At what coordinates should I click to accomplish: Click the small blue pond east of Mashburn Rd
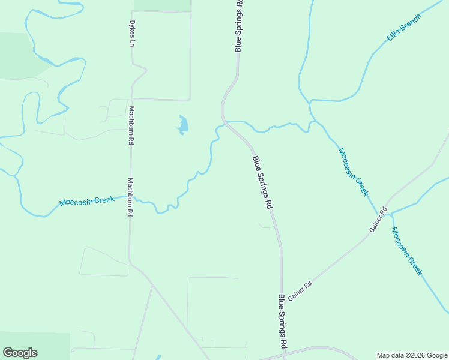coord(182,125)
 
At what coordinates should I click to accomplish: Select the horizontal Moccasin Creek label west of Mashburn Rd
coord(87,201)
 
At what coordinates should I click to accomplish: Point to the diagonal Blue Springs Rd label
coord(262,182)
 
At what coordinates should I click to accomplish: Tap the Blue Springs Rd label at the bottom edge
coord(282,322)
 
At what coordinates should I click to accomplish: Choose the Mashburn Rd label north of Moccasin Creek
coord(130,126)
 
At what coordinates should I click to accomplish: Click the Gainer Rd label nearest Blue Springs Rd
coord(300,291)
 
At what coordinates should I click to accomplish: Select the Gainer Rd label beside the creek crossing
coord(379,221)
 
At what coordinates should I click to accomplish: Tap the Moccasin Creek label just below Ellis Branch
coord(352,172)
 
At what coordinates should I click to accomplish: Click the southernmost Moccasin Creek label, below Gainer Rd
coord(406,251)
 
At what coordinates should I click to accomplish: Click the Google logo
coord(20,353)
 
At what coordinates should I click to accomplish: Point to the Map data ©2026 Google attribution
coord(412,355)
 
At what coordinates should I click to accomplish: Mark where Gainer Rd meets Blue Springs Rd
coord(282,304)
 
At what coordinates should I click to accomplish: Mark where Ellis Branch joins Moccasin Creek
coord(310,101)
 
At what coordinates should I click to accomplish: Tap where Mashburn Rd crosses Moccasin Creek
coord(130,197)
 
